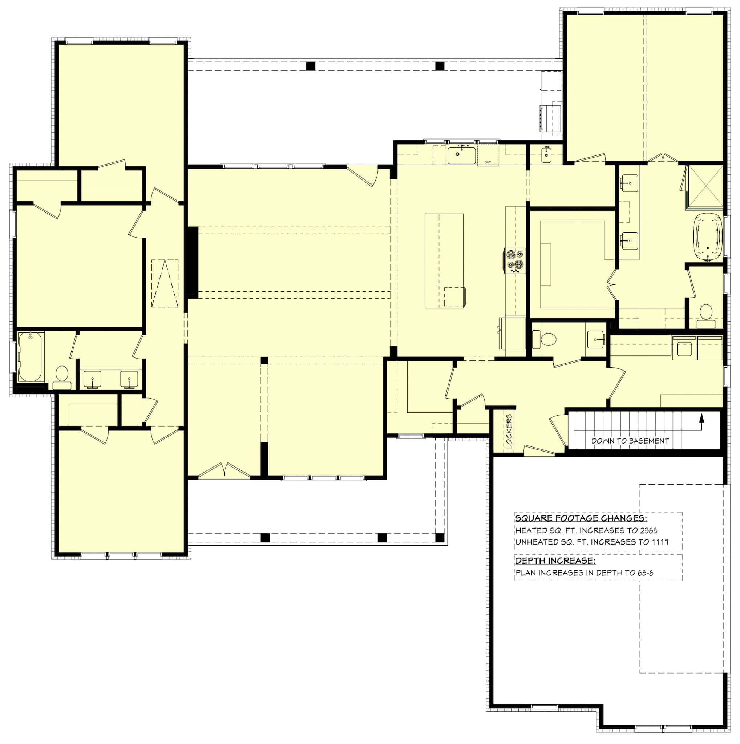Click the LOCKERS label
pyautogui.click(x=509, y=432)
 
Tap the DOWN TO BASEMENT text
pyautogui.click(x=630, y=441)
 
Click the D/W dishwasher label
pyautogui.click(x=488, y=162)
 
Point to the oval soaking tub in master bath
pyautogui.click(x=708, y=238)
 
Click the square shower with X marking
pyautogui.click(x=705, y=186)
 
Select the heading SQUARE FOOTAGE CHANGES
pyautogui.click(x=581, y=518)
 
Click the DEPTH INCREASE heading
pyautogui.click(x=555, y=561)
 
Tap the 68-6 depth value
pyautogui.click(x=645, y=573)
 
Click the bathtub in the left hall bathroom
pyautogui.click(x=30, y=357)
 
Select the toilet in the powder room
pyautogui.click(x=548, y=340)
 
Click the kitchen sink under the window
pyautogui.click(x=461, y=155)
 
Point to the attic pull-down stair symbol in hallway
pyautogui.click(x=165, y=283)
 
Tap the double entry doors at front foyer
pyautogui.click(x=224, y=471)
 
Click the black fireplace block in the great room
pyautogui.click(x=193, y=262)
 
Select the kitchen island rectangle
pyautogui.click(x=444, y=261)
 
